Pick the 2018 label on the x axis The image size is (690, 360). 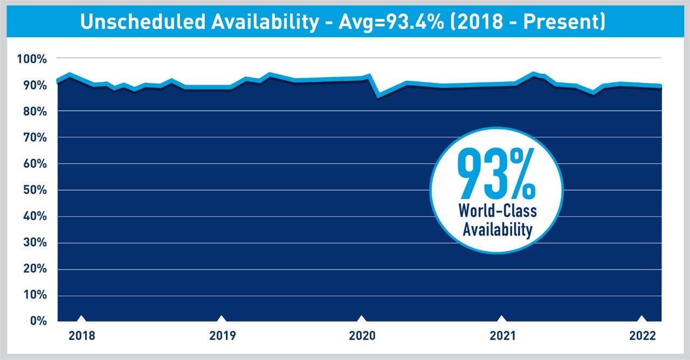82,336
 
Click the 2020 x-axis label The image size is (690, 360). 362,336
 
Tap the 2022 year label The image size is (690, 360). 642,336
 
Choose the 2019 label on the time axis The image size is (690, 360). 222,336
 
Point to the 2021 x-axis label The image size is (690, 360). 502,336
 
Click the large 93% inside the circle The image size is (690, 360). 496,174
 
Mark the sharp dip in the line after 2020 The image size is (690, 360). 378,96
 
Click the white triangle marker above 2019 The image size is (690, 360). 222,319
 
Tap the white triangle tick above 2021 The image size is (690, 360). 502,319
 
